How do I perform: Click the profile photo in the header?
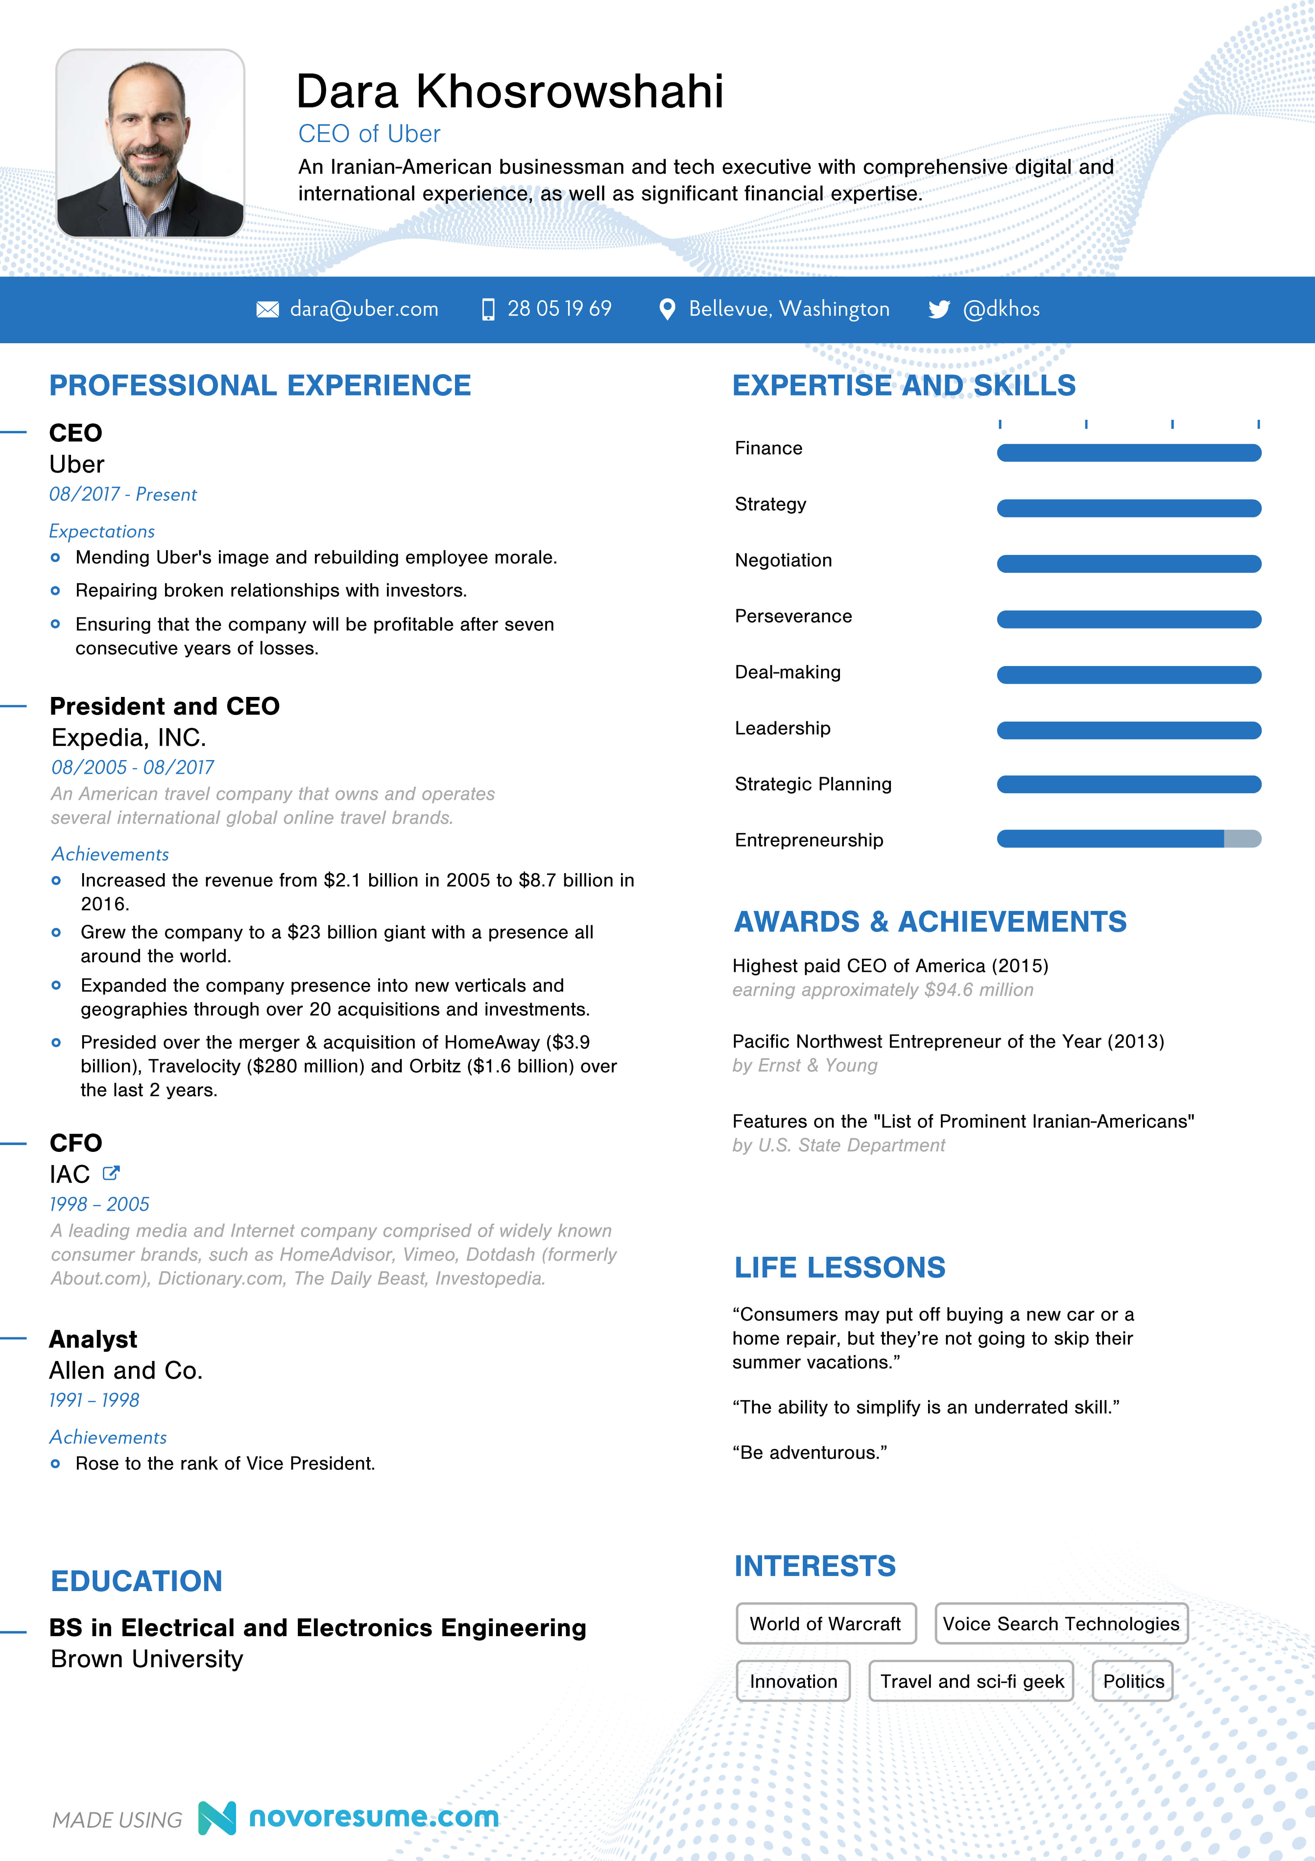pos(150,143)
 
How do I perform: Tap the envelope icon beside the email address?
pos(268,310)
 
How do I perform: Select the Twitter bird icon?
pos(939,310)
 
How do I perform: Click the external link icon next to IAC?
pos(111,1173)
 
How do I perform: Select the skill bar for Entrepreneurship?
pos(1129,839)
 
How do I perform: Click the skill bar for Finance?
pos(1129,452)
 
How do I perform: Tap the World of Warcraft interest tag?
pos(825,1624)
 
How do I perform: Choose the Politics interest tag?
pos(1133,1681)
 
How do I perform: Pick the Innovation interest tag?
pos(793,1681)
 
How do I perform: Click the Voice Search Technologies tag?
pos(1061,1624)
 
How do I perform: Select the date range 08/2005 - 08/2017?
pos(132,767)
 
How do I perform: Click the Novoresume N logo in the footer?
pos(217,1818)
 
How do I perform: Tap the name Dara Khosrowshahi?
pos(509,91)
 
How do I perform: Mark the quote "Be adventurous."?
pos(809,1452)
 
